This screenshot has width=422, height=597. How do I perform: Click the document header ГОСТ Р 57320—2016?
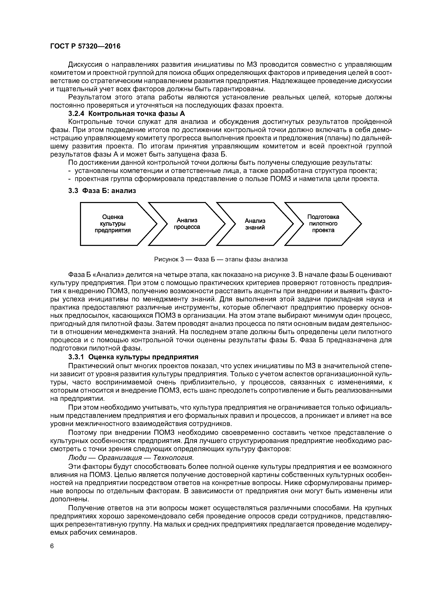click(x=85, y=46)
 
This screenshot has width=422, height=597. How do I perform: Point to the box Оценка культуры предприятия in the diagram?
click(x=113, y=224)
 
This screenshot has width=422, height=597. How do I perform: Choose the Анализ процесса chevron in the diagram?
click(x=187, y=224)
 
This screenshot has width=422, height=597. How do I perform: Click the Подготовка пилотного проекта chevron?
click(x=323, y=224)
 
